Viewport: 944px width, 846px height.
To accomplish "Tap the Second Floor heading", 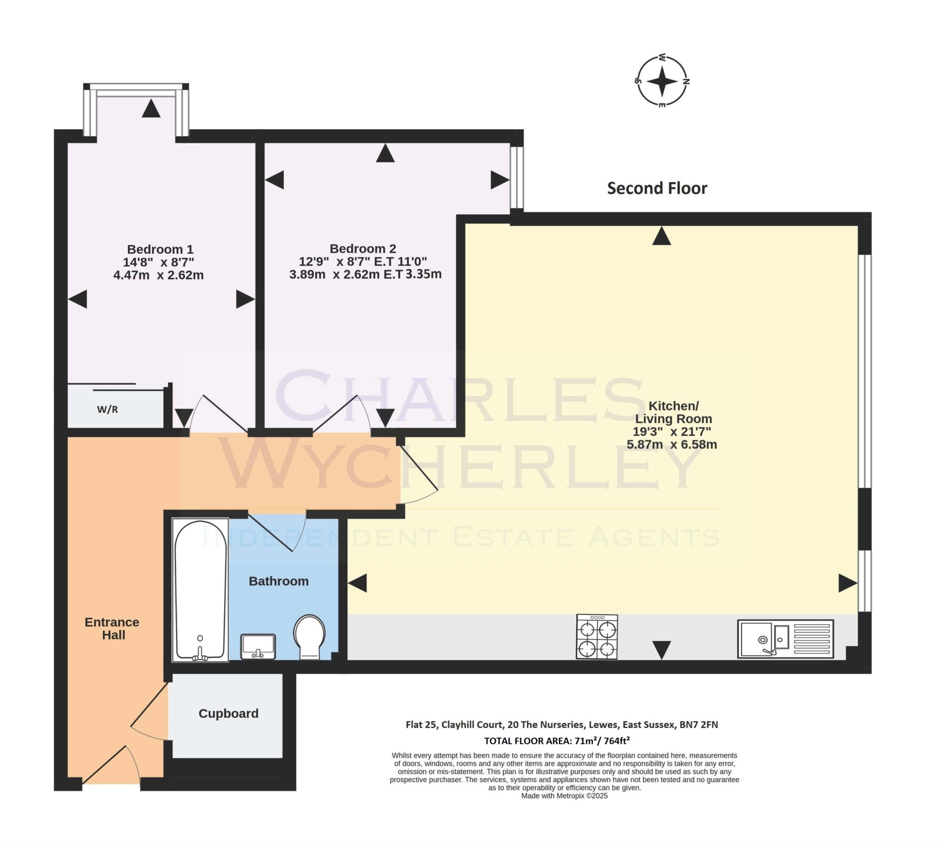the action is (657, 188).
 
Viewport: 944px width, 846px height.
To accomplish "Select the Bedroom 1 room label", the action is (160, 249).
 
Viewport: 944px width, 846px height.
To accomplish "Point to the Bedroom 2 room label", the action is (363, 249).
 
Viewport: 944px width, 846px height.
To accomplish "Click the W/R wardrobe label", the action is (107, 410).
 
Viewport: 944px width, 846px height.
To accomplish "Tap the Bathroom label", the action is (278, 581).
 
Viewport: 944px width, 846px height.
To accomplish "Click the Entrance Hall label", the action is (112, 629).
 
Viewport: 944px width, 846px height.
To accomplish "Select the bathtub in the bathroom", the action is (200, 590).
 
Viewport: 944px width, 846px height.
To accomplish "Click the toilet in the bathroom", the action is (309, 637).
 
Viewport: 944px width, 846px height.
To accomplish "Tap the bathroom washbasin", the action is (258, 646).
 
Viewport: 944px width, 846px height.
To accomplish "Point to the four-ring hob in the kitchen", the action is (597, 636).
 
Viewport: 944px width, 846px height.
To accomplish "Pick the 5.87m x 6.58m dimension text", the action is (672, 444).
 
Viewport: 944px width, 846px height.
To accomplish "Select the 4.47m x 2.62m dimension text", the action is (159, 275).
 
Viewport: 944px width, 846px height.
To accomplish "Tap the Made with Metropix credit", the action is (565, 796).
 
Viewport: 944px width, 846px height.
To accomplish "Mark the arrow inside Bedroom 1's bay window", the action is (151, 108).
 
